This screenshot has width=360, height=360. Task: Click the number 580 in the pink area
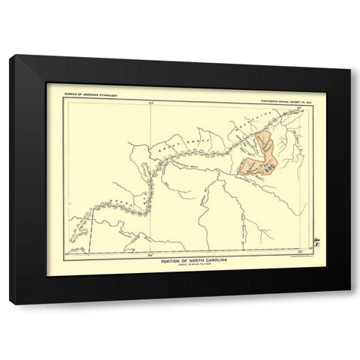[x=268, y=169]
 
